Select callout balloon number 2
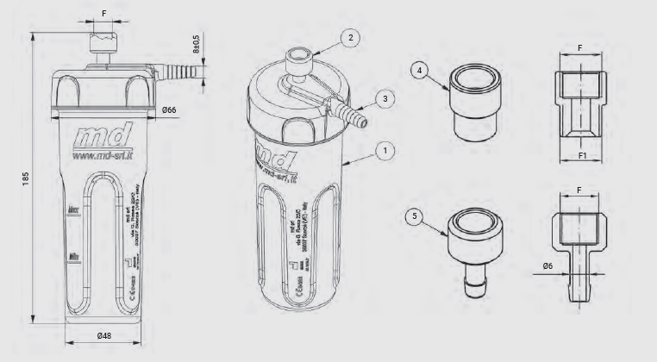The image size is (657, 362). pyautogui.click(x=351, y=37)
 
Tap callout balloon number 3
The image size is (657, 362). pyautogui.click(x=387, y=99)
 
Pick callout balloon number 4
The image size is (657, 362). pyautogui.click(x=420, y=71)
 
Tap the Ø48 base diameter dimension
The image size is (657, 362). pyautogui.click(x=104, y=335)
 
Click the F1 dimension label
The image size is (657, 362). pyautogui.click(x=582, y=158)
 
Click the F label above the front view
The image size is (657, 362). pyautogui.click(x=104, y=14)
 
